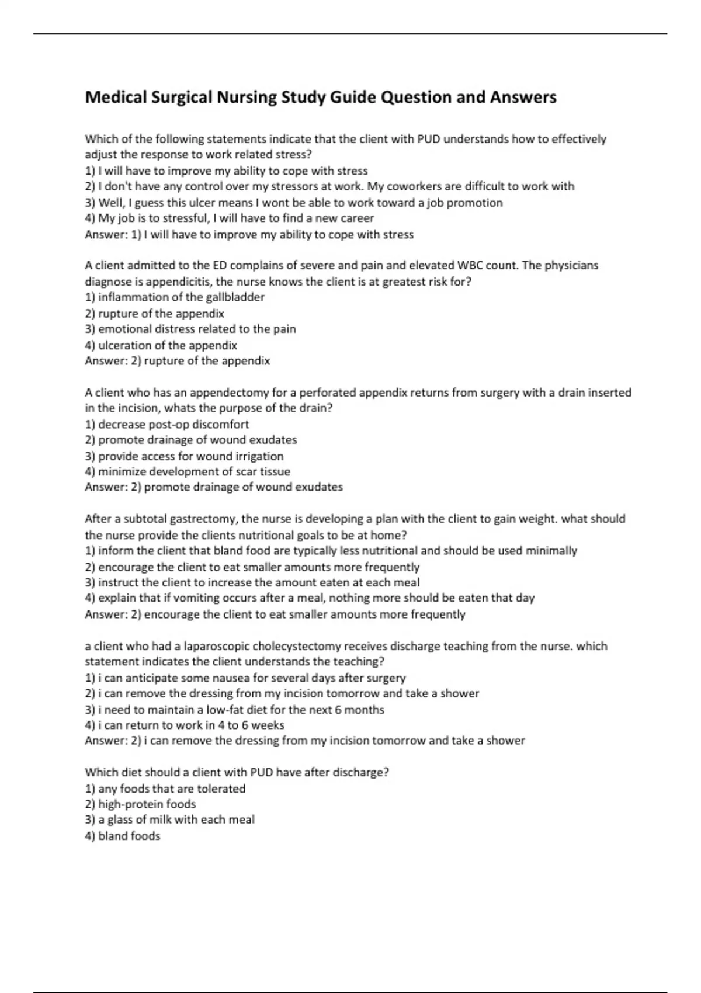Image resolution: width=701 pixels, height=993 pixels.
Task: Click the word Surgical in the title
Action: click(182, 97)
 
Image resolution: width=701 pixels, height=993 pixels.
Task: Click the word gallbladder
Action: click(235, 297)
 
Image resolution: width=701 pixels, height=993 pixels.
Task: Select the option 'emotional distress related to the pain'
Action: click(190, 329)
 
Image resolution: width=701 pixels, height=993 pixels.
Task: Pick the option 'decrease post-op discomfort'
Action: click(167, 424)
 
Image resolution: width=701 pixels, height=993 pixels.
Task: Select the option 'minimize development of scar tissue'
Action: click(188, 471)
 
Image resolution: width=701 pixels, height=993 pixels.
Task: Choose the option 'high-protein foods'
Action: click(140, 804)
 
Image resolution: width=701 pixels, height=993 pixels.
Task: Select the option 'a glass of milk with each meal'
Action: click(169, 820)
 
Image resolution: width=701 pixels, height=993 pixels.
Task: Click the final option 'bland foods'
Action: click(123, 836)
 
